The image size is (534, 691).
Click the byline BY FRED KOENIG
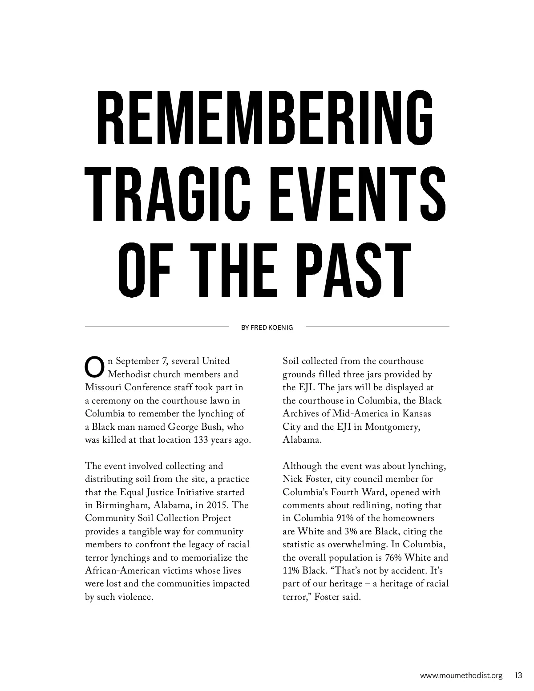(x=267, y=327)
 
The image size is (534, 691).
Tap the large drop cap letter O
(x=93, y=366)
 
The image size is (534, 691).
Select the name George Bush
(x=194, y=427)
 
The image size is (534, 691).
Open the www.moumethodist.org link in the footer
(x=461, y=675)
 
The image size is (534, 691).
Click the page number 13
(x=518, y=675)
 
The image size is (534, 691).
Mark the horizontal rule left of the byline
(x=157, y=327)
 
